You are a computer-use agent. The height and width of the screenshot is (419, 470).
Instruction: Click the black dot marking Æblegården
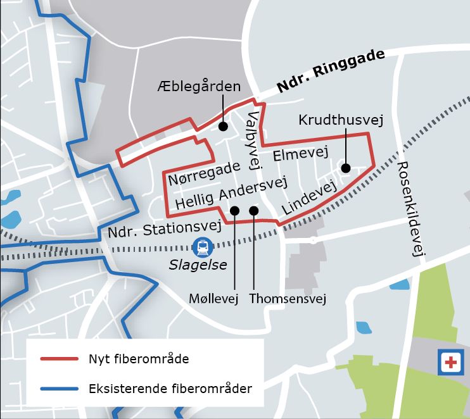223,127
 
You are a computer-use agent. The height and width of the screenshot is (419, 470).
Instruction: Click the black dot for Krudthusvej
345,168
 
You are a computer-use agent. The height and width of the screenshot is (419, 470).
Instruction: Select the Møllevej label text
213,298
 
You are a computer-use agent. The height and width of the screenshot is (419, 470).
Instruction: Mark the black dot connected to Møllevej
234,211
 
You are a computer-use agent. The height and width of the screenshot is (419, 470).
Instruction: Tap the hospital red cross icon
450,363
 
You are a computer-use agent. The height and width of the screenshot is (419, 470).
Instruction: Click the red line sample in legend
59,359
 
